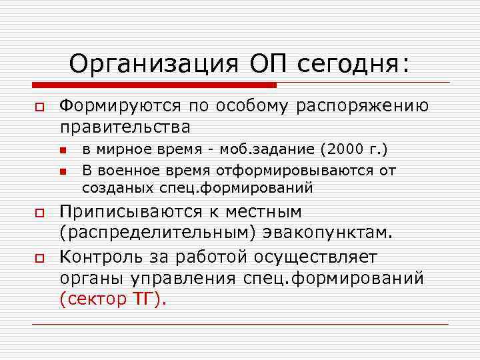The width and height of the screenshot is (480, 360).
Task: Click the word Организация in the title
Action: pos(154,64)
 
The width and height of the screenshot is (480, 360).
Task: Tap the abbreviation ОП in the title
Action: pos(268,64)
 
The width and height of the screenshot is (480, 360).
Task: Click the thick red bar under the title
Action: pos(154,85)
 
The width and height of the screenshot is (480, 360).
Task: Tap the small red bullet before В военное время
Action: pos(63,171)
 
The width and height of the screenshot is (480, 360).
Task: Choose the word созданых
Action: pos(113,188)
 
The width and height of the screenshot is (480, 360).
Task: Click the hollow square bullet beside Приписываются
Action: pos(39,213)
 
